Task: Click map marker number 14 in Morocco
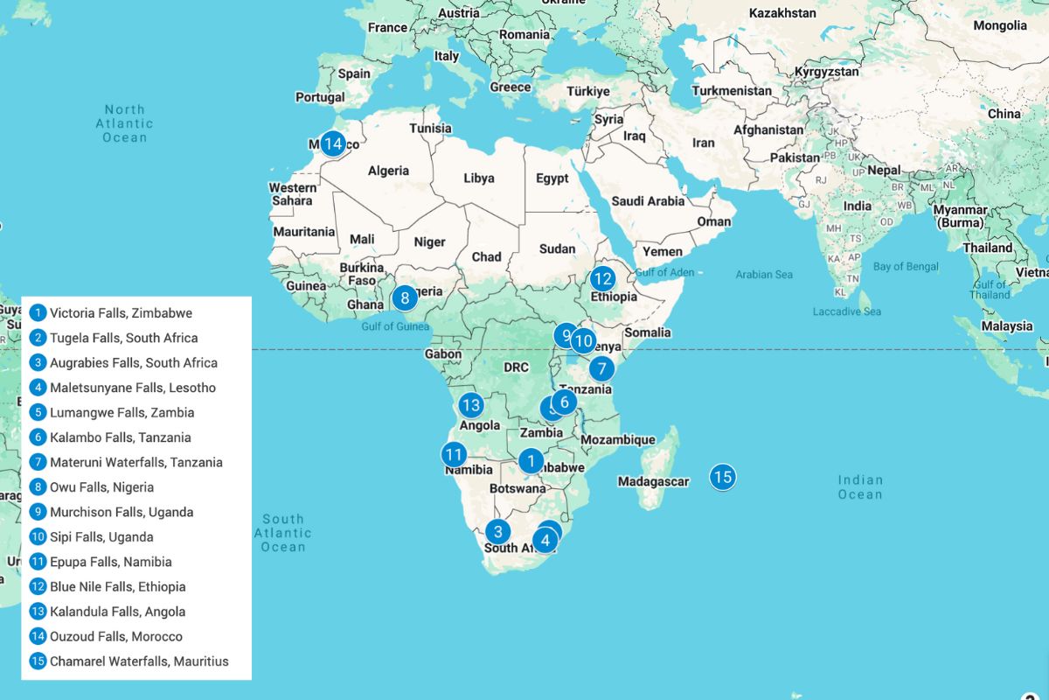(332, 143)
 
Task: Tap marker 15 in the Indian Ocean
(721, 477)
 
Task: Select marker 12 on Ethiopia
(602, 279)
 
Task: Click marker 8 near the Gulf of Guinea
(404, 298)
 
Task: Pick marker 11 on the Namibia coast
(453, 454)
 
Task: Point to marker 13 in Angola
(471, 405)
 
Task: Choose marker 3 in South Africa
(497, 531)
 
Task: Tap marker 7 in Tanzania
(601, 368)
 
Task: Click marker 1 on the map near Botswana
(530, 460)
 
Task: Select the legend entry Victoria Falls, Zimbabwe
(121, 312)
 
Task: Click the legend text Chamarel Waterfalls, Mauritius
(139, 661)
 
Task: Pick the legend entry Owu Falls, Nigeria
(101, 486)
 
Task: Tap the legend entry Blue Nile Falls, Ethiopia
(117, 586)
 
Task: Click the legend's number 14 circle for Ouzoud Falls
(38, 636)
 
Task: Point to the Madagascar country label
(653, 481)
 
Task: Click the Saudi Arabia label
(648, 201)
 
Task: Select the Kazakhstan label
(782, 13)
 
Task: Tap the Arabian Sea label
(763, 275)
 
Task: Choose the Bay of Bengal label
(906, 266)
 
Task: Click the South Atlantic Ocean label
(283, 533)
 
